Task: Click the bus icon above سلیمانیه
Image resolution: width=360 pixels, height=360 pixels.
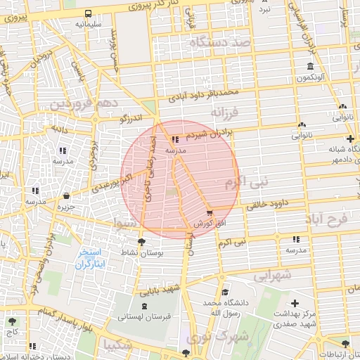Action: click(x=89, y=13)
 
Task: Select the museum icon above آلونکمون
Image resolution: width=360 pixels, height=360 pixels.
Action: click(x=310, y=67)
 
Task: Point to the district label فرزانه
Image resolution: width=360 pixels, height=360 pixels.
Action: click(x=226, y=112)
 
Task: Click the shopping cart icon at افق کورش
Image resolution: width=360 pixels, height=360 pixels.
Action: click(x=210, y=212)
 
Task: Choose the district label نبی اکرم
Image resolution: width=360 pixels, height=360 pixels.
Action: click(x=246, y=184)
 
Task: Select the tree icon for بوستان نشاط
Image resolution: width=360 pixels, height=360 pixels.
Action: click(x=143, y=243)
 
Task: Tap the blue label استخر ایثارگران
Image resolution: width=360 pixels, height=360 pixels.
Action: click(x=89, y=258)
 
